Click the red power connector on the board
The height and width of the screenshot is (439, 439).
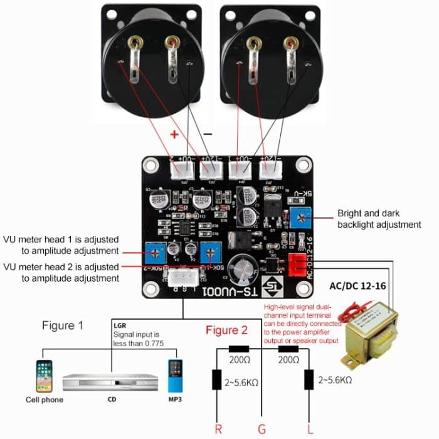tap(297, 265)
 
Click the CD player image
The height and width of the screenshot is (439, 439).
tap(108, 381)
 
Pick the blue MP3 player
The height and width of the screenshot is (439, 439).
tap(175, 375)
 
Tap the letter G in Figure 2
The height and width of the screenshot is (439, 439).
tap(262, 428)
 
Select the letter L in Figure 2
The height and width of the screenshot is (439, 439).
tap(309, 428)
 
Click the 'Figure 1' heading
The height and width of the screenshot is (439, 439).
tap(63, 325)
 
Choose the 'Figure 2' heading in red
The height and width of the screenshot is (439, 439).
tap(226, 331)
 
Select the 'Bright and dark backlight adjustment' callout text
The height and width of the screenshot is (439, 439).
tap(379, 218)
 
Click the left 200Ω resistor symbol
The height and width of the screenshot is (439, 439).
tap(239, 349)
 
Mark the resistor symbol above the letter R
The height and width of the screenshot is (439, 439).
tap(217, 380)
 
